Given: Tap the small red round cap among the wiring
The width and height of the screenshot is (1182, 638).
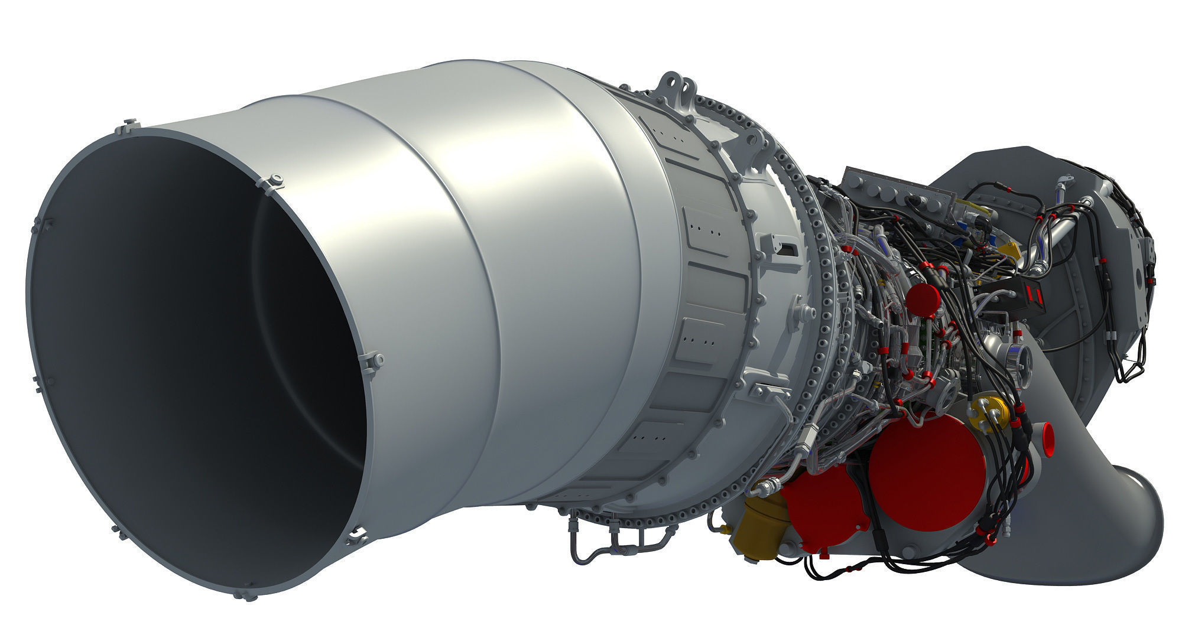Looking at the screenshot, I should (x=922, y=298).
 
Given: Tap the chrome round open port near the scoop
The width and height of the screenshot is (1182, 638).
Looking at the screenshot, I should (x=1018, y=360).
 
